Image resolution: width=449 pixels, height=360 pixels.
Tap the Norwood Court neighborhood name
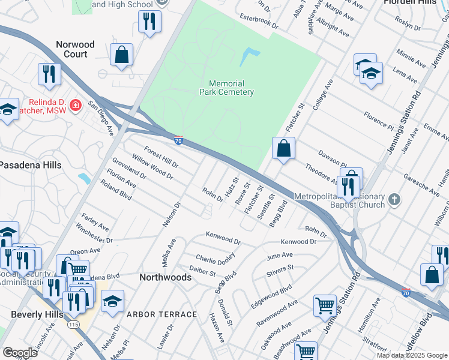tap(75, 49)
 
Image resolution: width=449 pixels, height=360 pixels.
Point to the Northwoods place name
tap(165, 277)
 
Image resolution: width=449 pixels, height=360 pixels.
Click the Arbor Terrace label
tap(161, 314)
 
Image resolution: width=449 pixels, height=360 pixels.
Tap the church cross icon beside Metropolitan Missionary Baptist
tap(394, 199)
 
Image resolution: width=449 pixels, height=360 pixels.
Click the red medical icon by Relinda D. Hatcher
tap(76, 106)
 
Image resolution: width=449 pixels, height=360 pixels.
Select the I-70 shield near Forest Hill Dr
tap(178, 140)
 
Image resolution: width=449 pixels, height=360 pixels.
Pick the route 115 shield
tap(73, 324)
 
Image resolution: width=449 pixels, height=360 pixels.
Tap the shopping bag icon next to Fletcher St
tap(283, 148)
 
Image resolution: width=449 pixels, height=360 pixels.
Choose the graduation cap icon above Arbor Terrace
tap(112, 301)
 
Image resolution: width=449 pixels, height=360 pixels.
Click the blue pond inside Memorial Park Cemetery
tap(249, 57)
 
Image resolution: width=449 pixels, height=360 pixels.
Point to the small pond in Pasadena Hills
tap(84, 178)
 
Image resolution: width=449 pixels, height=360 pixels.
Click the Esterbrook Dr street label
tap(259, 22)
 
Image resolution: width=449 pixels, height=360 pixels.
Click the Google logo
tap(20, 353)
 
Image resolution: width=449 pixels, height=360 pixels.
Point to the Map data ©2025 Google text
tap(411, 355)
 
